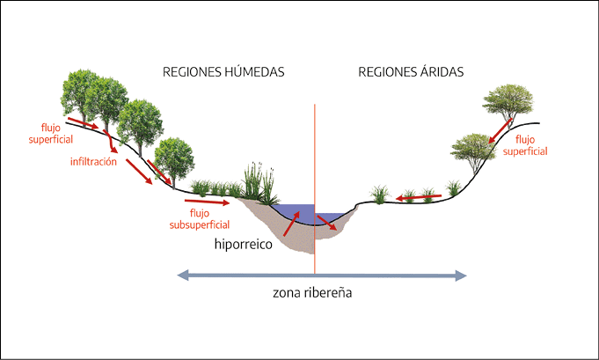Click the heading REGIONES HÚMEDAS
coord(223,72)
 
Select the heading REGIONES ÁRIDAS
coord(411,72)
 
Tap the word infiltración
coord(93,162)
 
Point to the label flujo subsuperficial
coord(200,219)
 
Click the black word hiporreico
coord(244,244)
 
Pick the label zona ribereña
coord(312,293)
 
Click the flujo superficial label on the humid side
coord(51,134)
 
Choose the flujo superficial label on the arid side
coord(525,145)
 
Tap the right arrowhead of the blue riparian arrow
coord(461,276)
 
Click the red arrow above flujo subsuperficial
coord(207,202)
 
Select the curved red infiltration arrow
coord(111,142)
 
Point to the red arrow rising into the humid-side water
coord(291,224)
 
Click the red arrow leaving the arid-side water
coord(326,223)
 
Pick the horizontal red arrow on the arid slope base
coord(419,197)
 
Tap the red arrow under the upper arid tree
coord(500,130)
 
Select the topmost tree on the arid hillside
coord(508,103)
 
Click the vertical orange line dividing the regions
coord(315,188)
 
